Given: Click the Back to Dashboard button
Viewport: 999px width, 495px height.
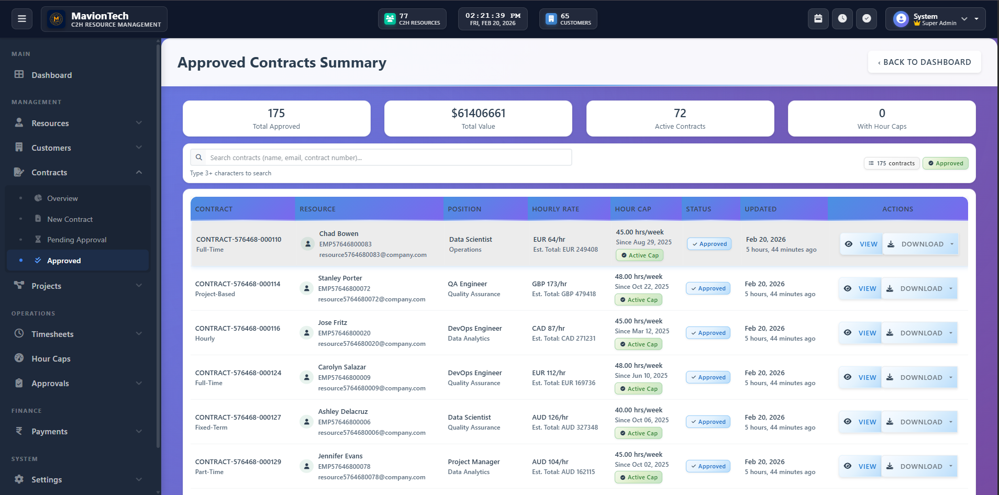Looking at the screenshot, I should [924, 62].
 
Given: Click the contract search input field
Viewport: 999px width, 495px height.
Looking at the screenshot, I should [387, 157].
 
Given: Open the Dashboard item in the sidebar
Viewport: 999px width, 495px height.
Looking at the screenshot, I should [51, 75].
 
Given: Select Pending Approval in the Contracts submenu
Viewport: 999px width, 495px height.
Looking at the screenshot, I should [76, 240].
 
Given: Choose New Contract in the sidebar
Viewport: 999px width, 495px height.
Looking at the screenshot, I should [70, 219].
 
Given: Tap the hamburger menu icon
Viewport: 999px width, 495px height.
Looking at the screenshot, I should [22, 19].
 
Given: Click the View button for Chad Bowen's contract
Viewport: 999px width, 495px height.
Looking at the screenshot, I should [861, 244].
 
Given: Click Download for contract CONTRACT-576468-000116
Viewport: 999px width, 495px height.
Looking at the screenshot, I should [916, 333].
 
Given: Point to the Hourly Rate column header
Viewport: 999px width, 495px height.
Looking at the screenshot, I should [556, 209].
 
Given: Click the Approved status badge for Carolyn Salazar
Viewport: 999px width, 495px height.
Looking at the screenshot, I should [708, 377].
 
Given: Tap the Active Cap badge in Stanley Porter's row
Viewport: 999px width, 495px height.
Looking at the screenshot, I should [638, 300].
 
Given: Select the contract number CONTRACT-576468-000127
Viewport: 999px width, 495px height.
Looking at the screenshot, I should [238, 418].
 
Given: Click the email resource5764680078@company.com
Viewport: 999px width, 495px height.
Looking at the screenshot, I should [371, 477].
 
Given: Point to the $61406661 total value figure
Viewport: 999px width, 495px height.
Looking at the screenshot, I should [478, 114].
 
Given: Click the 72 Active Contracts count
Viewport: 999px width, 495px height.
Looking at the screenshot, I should [680, 114].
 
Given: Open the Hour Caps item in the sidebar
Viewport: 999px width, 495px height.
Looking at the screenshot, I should [51, 359].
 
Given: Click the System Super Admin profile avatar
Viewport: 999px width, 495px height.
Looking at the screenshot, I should [901, 19].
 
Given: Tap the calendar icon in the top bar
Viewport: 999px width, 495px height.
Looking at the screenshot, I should [818, 19].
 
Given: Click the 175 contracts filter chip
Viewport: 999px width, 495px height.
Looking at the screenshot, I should [891, 163].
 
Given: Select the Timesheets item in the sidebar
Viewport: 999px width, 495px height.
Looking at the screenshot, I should [52, 334].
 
